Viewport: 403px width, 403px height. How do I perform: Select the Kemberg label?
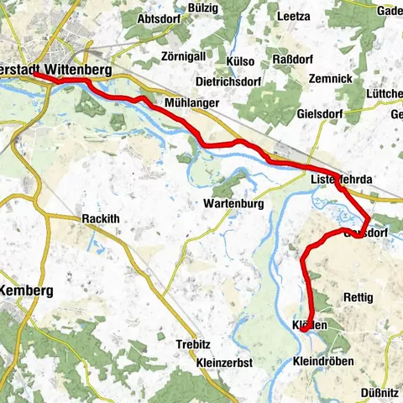[x=27, y=290]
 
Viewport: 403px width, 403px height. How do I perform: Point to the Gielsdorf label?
[x=322, y=113]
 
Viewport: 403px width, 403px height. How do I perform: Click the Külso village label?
[x=240, y=62]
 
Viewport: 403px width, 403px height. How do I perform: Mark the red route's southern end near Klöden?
[x=301, y=330]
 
